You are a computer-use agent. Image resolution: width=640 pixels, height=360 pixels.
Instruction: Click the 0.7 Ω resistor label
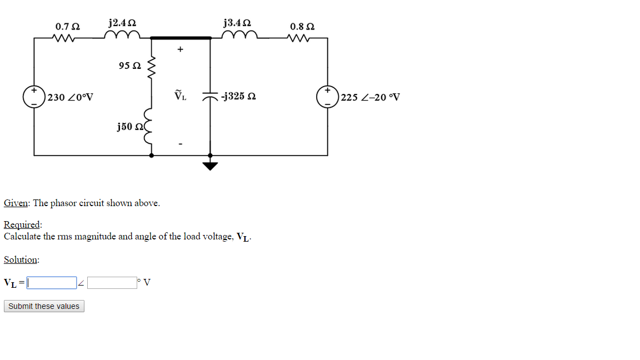point(67,26)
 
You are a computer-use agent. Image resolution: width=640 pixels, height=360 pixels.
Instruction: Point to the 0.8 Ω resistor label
point(302,26)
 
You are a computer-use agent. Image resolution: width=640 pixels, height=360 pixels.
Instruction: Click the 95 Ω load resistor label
point(130,66)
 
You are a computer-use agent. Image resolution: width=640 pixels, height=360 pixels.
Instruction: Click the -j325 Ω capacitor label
point(238,97)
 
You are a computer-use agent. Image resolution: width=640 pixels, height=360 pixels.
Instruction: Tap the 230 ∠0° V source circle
point(34,97)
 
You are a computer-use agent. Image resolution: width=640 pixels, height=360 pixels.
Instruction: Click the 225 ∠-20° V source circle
point(327,97)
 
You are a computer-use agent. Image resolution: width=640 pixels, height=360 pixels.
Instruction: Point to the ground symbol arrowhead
point(210,166)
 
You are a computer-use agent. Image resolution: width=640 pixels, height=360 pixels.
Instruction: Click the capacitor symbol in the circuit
point(210,97)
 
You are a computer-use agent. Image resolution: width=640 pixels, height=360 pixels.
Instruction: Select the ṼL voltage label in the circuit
point(180,96)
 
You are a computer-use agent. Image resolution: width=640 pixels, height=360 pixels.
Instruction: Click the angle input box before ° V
point(111,283)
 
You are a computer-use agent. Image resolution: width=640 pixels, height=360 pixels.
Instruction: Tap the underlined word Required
point(22,225)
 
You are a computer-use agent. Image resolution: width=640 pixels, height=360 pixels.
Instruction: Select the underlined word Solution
point(21,259)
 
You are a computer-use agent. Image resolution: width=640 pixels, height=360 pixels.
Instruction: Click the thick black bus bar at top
point(181,38)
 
